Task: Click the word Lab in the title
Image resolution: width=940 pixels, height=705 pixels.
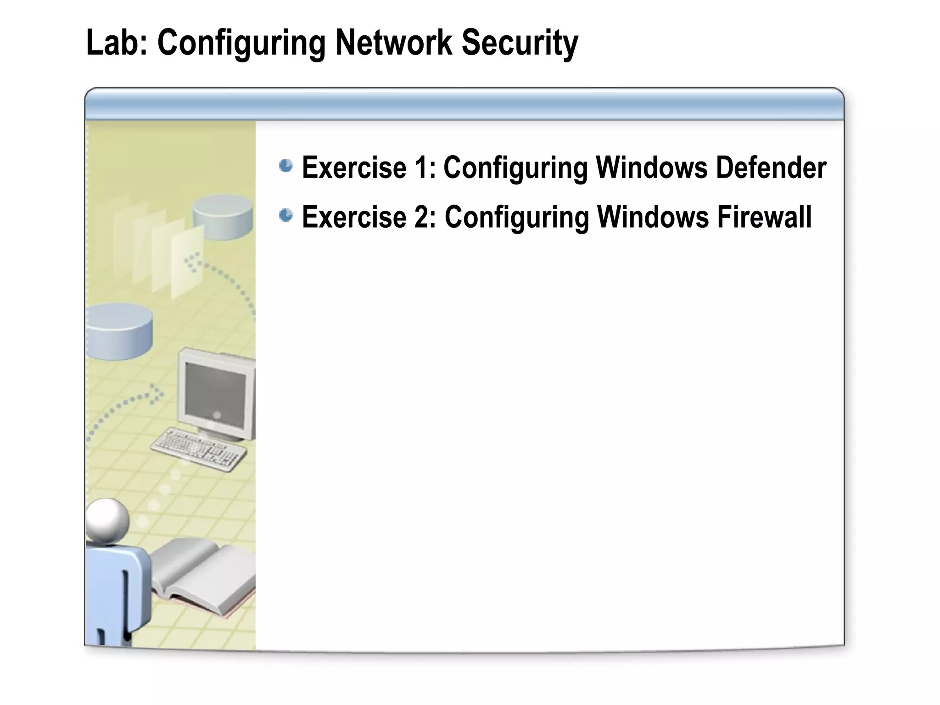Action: tap(112, 43)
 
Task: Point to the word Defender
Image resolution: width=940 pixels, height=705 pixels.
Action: tap(771, 168)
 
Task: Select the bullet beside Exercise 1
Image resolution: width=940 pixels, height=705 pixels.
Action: tap(286, 166)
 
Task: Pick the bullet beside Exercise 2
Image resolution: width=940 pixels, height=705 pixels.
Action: tap(286, 215)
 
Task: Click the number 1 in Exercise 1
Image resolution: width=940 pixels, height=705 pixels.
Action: tap(421, 168)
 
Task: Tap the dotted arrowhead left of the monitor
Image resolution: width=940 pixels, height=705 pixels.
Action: tap(157, 394)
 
